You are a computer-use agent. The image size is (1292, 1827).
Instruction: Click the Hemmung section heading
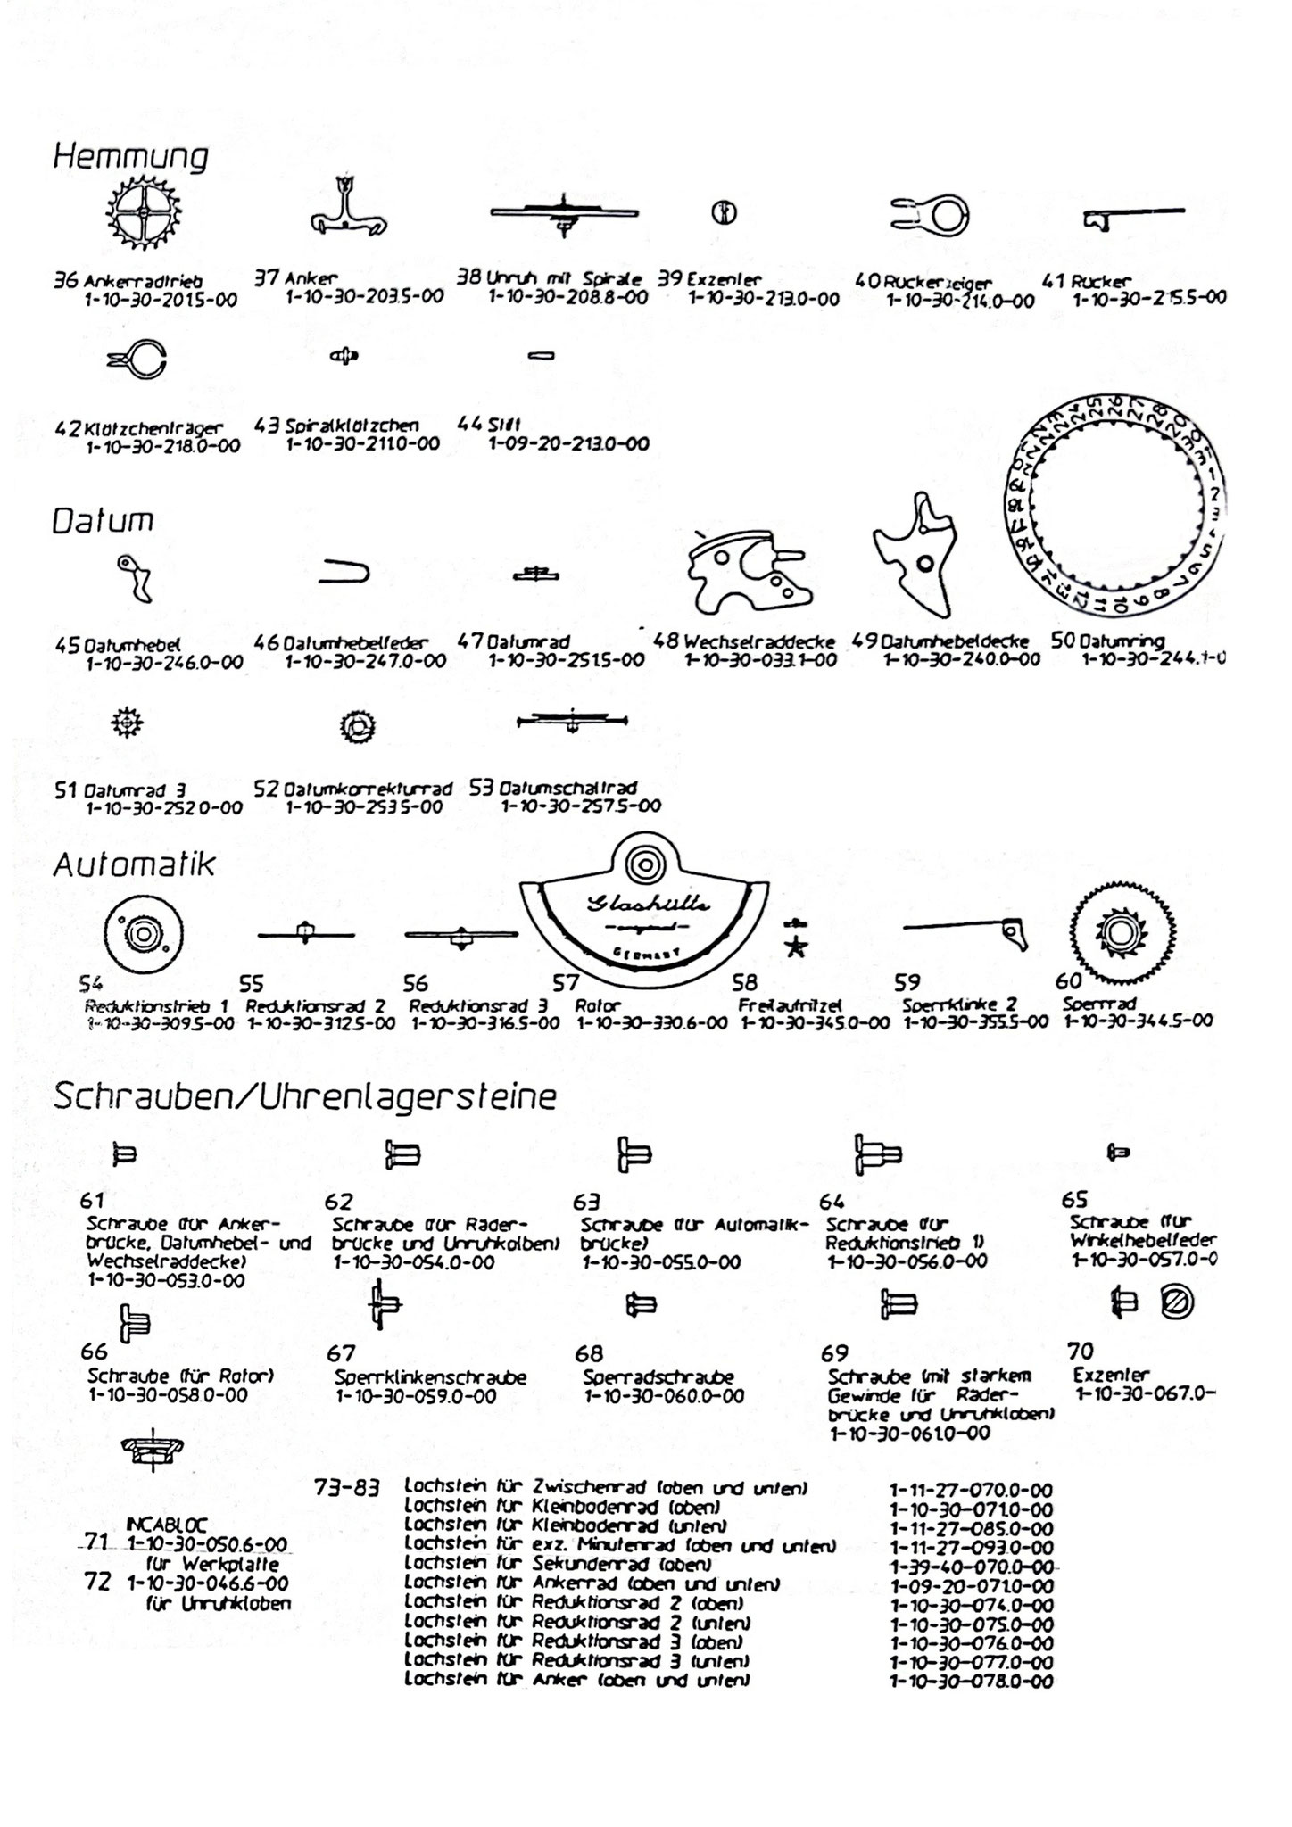tap(130, 157)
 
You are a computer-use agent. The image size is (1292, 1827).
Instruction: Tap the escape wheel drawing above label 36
tap(143, 215)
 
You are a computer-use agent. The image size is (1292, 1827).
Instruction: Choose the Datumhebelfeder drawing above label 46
tap(344, 573)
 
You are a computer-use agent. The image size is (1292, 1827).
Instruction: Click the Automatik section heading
tap(135, 864)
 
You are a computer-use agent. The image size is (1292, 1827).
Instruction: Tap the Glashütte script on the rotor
tap(649, 905)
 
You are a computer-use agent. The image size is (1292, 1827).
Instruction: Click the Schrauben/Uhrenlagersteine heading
tap(304, 1096)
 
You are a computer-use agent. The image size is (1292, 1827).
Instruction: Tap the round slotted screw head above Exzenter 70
tap(1176, 1303)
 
